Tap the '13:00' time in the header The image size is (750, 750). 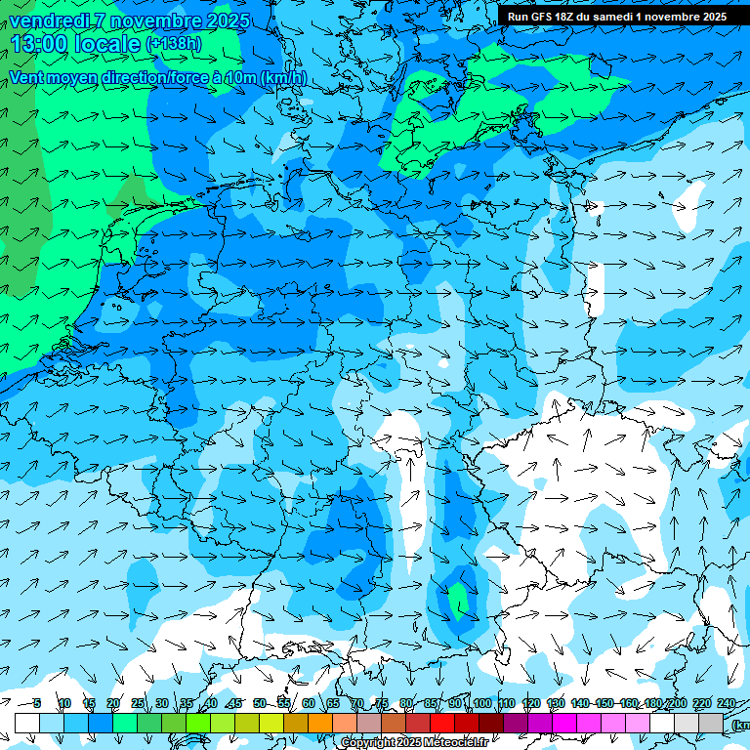pyautogui.click(x=36, y=44)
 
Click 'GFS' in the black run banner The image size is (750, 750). pyautogui.click(x=540, y=17)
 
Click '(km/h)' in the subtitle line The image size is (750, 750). pyautogui.click(x=283, y=77)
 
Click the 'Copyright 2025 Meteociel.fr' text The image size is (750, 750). pyautogui.click(x=414, y=743)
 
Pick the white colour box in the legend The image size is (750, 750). pyautogui.click(x=27, y=723)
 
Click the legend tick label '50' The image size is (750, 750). pyautogui.click(x=259, y=703)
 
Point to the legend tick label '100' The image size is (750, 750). pyautogui.click(x=481, y=703)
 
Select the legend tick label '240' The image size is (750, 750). pyautogui.click(x=727, y=703)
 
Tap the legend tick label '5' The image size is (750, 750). pyautogui.click(x=37, y=703)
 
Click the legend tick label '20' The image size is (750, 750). pyautogui.click(x=113, y=703)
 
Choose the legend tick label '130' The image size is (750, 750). pyautogui.click(x=556, y=703)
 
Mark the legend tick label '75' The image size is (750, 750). pyautogui.click(x=382, y=703)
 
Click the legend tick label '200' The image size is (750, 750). pyautogui.click(x=677, y=703)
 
